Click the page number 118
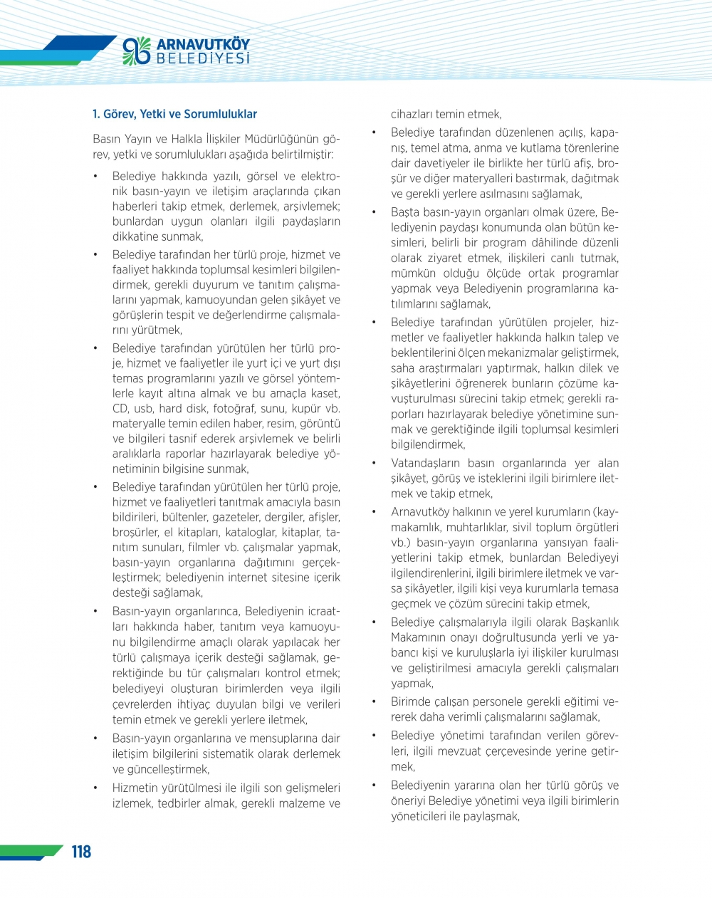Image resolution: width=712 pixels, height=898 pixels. tap(81, 852)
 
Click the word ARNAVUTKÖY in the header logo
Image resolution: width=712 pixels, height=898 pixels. tap(203, 44)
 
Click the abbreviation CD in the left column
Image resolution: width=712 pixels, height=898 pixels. tap(120, 409)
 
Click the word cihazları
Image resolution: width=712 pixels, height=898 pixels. tap(413, 114)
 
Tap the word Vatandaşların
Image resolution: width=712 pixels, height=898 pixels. tap(426, 464)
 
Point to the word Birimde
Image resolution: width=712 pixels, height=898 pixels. tap(409, 701)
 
